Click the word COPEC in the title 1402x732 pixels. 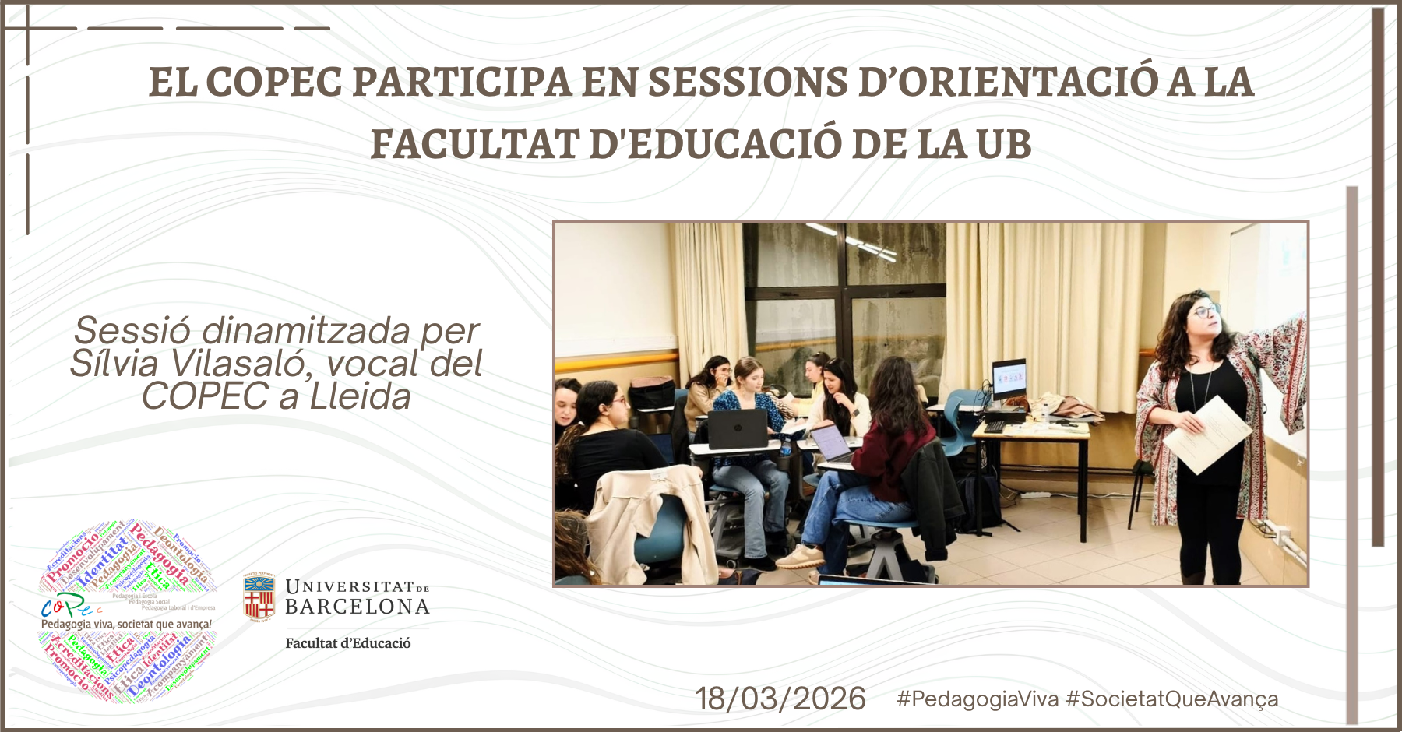[274, 82]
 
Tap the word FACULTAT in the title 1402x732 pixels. [475, 145]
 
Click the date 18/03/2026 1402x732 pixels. [780, 699]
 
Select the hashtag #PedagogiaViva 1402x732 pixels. [977, 699]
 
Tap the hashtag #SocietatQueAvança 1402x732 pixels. [1171, 699]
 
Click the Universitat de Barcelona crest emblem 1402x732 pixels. [259, 597]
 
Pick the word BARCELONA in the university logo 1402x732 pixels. [358, 607]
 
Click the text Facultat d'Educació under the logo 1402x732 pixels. [347, 643]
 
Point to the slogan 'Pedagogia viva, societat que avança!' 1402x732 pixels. [126, 624]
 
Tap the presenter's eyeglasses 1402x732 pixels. [1206, 312]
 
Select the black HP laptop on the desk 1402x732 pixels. [737, 429]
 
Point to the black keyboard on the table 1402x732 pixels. [995, 427]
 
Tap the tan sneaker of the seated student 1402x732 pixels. [800, 557]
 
